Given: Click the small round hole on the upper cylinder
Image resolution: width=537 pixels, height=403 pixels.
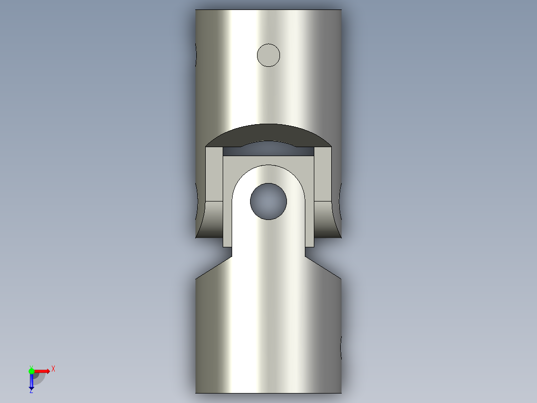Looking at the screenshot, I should coord(268,55).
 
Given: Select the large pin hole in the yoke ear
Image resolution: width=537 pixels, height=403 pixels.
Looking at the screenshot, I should coord(268,201).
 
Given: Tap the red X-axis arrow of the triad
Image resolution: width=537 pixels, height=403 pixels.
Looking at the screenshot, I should coord(42,371).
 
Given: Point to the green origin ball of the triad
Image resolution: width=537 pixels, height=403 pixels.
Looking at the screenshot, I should coord(31,371).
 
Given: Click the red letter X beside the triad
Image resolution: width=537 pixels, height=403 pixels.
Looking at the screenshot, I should coord(53,369).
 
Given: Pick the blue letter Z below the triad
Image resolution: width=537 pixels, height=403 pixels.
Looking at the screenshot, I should coord(31,391).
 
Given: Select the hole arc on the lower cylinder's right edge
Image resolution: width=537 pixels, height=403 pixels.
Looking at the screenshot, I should coord(341,347).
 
